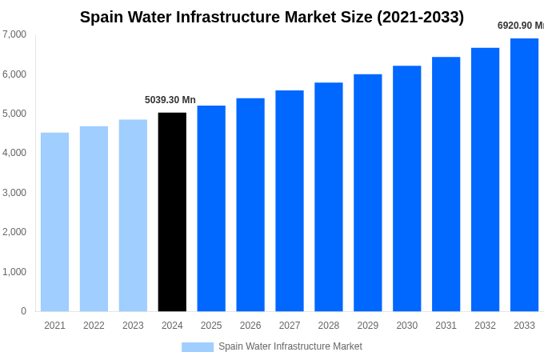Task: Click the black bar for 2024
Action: (x=172, y=212)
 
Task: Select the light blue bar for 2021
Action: (x=54, y=222)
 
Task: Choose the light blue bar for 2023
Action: (x=133, y=215)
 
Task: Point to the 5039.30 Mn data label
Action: (x=170, y=100)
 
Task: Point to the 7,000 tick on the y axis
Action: (x=14, y=34)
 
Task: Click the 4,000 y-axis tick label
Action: (x=14, y=153)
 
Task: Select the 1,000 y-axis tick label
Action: (x=14, y=272)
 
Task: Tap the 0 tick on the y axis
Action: (x=23, y=311)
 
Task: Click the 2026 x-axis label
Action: (x=250, y=326)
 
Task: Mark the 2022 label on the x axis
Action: (x=94, y=326)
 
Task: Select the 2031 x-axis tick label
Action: (x=446, y=326)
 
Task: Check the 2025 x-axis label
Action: (x=211, y=326)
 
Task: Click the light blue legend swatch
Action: (x=198, y=347)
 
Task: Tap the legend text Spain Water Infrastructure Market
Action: (x=290, y=346)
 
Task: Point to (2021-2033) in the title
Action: (x=420, y=17)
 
